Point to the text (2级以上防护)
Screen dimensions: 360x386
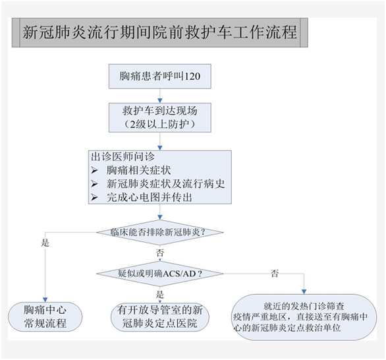(160, 124)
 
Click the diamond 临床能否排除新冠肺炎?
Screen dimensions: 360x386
(160, 232)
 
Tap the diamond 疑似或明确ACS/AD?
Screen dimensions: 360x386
(160, 272)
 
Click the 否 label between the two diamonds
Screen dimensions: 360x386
(160, 253)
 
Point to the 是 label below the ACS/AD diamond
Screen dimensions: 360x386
(160, 293)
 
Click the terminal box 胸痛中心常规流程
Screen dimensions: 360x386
(45, 316)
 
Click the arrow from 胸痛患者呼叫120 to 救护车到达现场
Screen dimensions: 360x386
(160, 95)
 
